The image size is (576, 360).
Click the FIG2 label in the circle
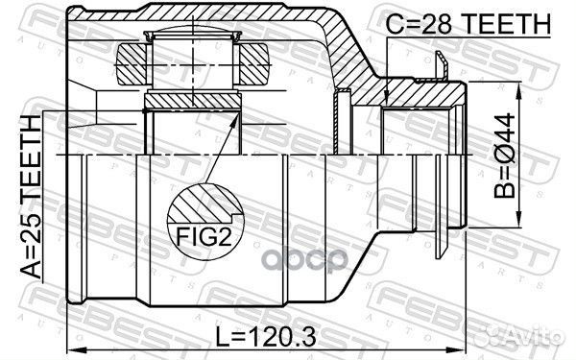(204, 236)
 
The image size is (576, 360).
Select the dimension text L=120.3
(265, 337)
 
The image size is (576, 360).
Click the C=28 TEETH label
(468, 23)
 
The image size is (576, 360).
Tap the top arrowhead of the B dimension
(519, 91)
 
